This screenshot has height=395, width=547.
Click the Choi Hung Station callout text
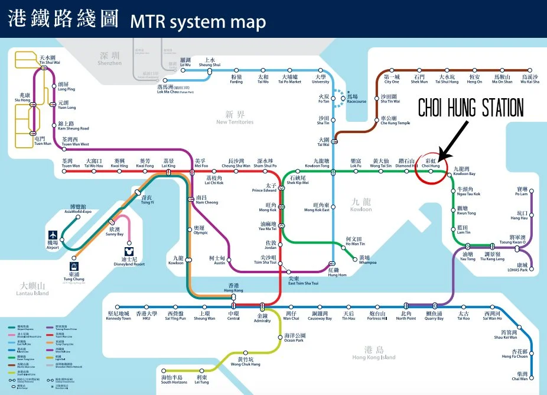[471, 108]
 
